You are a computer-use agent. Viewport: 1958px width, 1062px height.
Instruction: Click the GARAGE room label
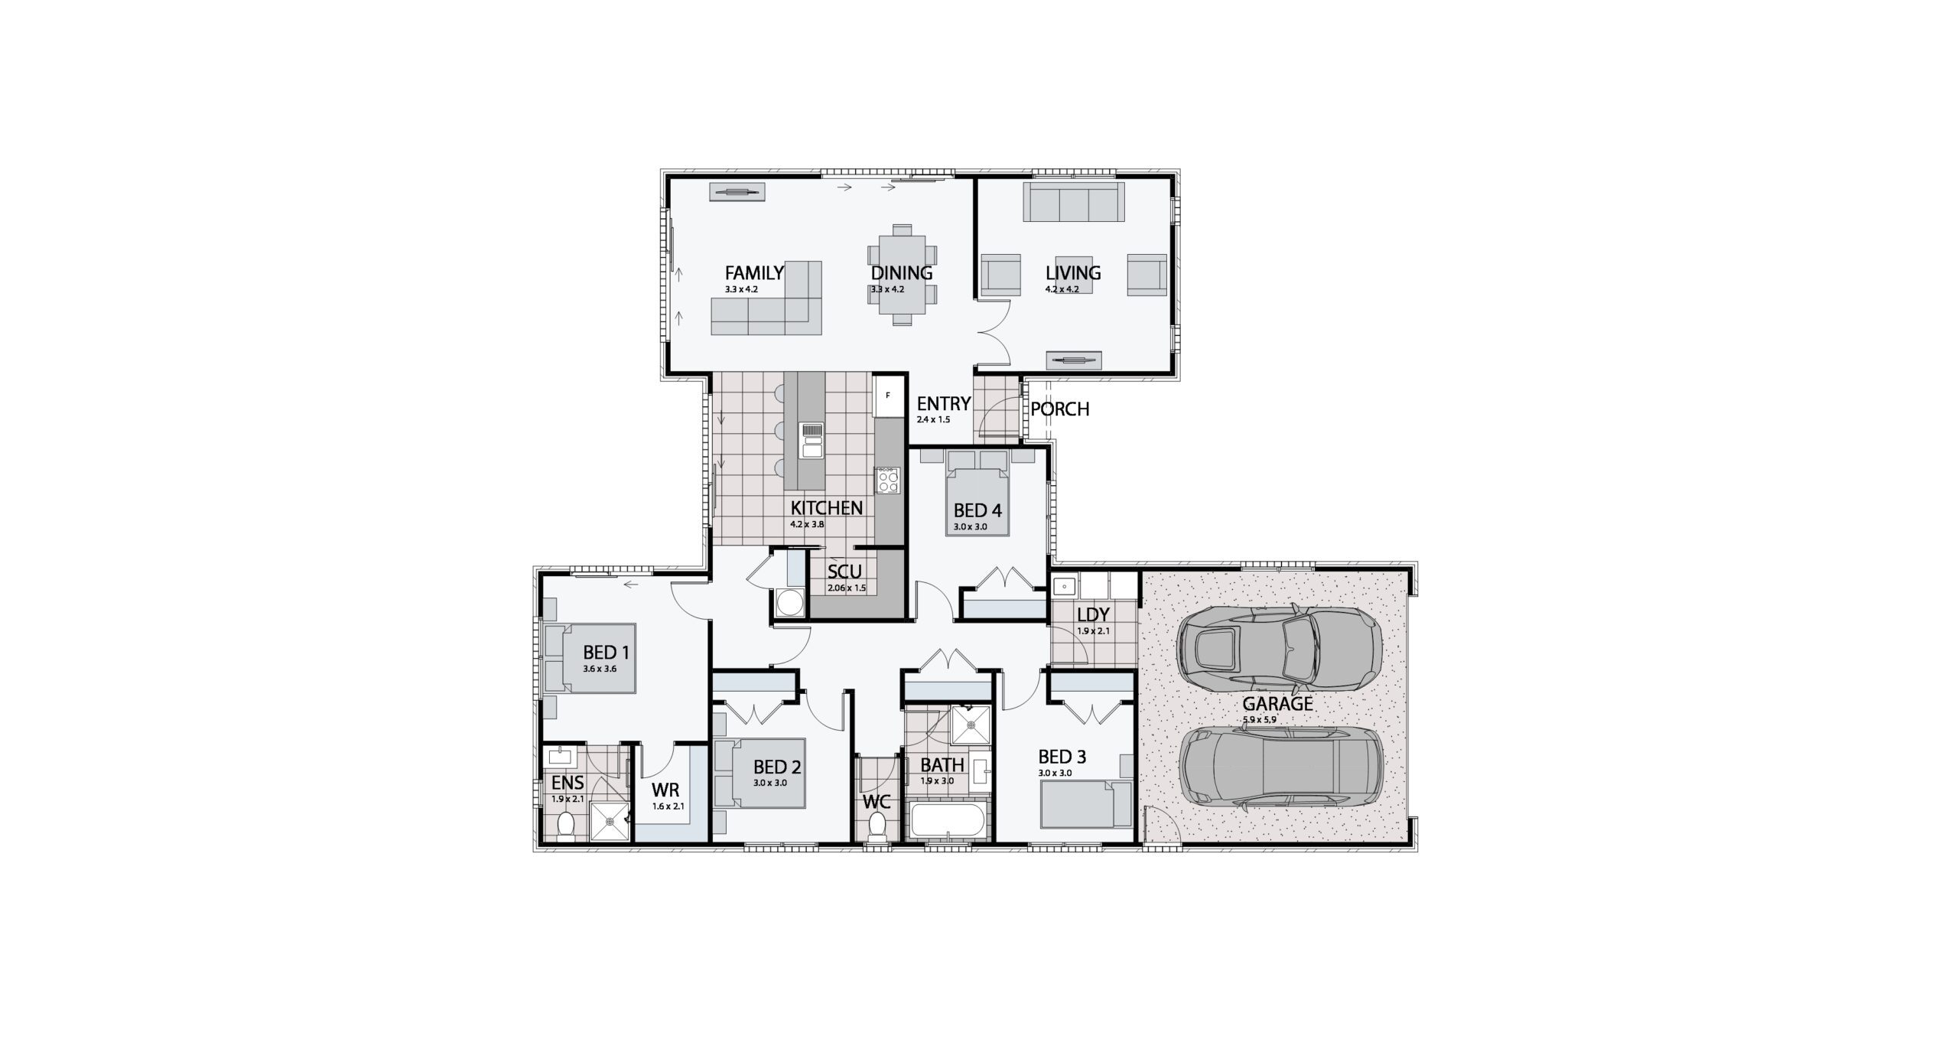tap(1277, 704)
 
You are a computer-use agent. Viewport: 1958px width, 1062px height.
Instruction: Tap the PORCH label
tap(1059, 409)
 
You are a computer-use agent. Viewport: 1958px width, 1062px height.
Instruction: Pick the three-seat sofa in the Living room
tap(1074, 202)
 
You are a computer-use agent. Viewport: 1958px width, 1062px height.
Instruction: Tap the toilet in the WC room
tap(877, 827)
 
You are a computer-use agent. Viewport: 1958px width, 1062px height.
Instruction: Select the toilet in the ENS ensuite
tap(566, 826)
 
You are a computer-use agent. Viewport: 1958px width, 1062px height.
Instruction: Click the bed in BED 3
tap(1086, 803)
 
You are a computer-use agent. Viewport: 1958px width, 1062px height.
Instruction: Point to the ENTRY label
tap(944, 403)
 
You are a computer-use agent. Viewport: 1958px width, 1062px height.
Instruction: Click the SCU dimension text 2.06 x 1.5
tap(847, 588)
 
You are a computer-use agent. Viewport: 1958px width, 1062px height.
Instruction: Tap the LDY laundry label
tap(1093, 615)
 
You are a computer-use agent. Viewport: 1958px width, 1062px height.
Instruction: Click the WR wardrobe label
tap(665, 789)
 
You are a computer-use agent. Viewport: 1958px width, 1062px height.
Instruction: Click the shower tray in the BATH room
tap(971, 725)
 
